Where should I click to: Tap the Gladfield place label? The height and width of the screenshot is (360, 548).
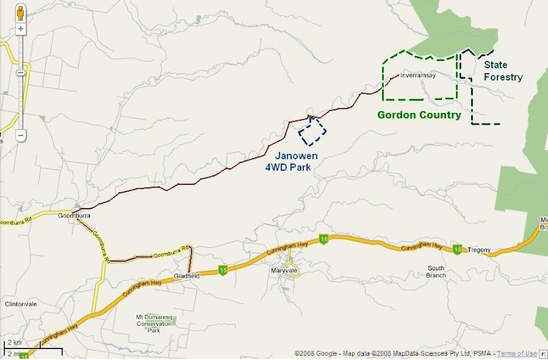click(186, 275)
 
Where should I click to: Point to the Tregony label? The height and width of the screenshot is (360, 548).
click(479, 250)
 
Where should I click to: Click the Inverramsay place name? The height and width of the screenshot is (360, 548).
click(418, 75)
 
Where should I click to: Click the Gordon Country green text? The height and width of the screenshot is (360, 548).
click(419, 115)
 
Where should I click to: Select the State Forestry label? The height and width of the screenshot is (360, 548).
click(503, 71)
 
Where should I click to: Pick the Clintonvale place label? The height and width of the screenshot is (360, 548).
click(19, 303)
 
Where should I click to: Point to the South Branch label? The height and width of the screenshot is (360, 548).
click(436, 271)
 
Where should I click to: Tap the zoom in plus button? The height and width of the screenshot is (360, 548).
click(21, 29)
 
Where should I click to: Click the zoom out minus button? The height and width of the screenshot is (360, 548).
click(21, 136)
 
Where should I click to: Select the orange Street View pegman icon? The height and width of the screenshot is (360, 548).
click(21, 12)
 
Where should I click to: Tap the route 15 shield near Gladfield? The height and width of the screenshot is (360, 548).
click(222, 269)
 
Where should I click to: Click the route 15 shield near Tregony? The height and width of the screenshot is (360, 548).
click(457, 250)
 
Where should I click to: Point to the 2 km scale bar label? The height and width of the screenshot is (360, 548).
click(14, 342)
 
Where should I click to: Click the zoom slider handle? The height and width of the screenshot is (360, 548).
click(21, 72)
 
